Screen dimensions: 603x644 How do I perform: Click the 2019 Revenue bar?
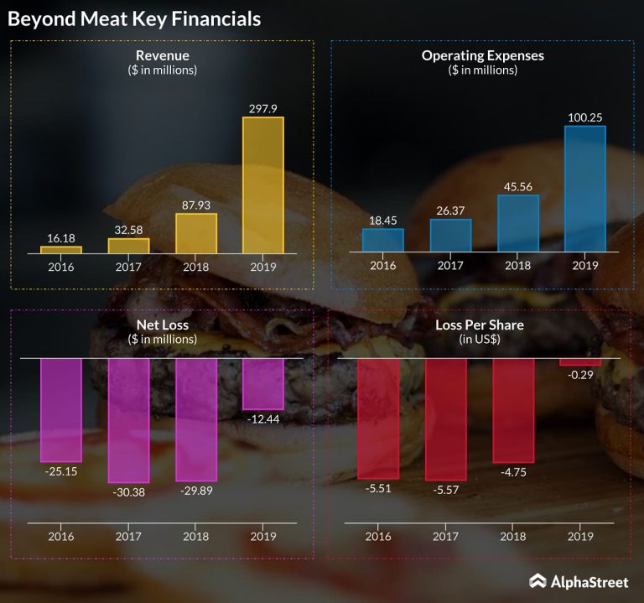coord(262,185)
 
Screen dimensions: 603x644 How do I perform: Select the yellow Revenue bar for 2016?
coord(61,249)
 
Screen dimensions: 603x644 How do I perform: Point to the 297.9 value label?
coord(262,108)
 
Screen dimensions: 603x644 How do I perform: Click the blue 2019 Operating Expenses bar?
coord(584,189)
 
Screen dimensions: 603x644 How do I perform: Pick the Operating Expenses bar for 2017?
coord(450,235)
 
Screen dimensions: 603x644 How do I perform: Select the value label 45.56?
coord(518,186)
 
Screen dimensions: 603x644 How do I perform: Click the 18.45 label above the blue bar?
coord(383,219)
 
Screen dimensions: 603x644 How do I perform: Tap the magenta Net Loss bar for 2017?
coord(128,419)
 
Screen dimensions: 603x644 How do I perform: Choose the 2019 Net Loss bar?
coord(263,384)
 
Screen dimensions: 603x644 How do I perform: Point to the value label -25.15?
coord(61,471)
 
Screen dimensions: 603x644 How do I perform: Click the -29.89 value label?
coord(196,491)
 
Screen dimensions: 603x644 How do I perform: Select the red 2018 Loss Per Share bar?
coord(513,410)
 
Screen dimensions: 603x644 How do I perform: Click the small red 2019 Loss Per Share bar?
coord(580,361)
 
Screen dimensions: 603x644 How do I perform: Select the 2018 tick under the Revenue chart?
coord(196,267)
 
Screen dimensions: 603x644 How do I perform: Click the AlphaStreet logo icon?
coord(538,580)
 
